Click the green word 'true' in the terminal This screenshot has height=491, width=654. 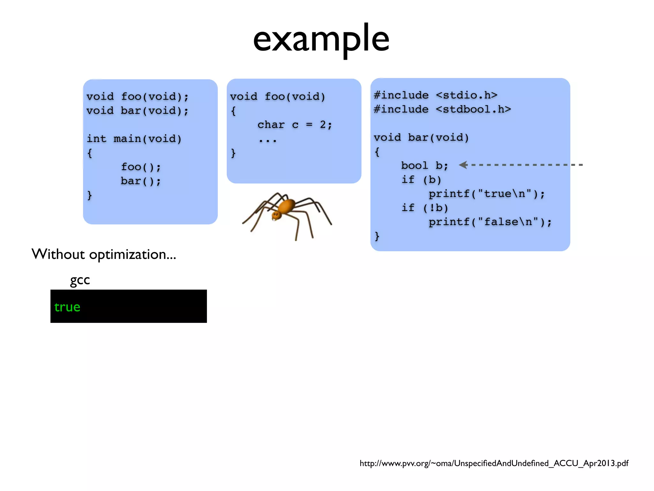67,307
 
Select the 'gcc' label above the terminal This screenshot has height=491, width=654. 80,280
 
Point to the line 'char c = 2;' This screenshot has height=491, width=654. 295,125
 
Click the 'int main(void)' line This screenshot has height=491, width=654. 134,139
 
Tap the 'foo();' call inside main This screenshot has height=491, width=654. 141,167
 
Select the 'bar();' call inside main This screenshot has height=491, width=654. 141,181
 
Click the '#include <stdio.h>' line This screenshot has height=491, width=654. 436,95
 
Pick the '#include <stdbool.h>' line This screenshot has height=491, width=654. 442,109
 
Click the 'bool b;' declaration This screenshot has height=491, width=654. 425,166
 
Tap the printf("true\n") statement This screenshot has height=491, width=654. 486,194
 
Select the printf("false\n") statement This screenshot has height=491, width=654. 490,222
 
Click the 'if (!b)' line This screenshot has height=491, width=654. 425,208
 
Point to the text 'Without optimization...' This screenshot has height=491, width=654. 104,254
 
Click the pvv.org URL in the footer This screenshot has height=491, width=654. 494,463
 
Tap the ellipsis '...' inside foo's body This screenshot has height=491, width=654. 268,140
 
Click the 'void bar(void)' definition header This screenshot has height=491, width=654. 421,137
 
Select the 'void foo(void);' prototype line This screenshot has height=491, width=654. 137,97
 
